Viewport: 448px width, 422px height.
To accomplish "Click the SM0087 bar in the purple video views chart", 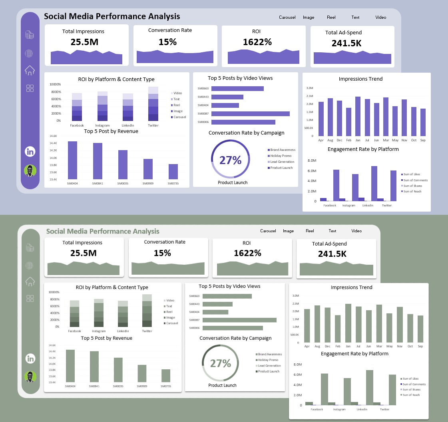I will [x=250, y=114].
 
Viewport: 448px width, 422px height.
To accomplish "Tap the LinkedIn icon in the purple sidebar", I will [x=30, y=152].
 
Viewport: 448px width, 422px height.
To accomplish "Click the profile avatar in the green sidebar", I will [x=30, y=376].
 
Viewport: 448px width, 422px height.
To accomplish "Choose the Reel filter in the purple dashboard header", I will [x=331, y=18].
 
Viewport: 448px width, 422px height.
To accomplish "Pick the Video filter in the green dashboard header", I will [x=356, y=231].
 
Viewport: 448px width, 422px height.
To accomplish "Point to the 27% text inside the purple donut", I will [x=231, y=160].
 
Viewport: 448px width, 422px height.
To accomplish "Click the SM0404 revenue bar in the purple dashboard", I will [x=72, y=160].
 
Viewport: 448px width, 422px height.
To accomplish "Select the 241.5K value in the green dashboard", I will [x=332, y=254].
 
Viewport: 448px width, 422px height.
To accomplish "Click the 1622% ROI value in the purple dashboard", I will [x=257, y=42].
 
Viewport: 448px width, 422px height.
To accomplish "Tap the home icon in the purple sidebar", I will [x=30, y=71].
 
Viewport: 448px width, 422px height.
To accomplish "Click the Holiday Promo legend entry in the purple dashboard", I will [x=281, y=156].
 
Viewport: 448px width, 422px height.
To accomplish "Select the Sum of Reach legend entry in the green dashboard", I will [x=411, y=395].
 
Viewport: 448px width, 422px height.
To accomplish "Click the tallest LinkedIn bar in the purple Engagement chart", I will [x=374, y=183].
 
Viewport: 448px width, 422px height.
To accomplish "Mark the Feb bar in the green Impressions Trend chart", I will [x=338, y=329].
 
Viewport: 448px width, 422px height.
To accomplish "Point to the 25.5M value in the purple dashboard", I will [x=84, y=42].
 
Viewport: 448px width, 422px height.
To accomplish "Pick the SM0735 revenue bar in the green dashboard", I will [x=166, y=376].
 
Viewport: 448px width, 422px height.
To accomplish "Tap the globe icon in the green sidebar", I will [x=30, y=265].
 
